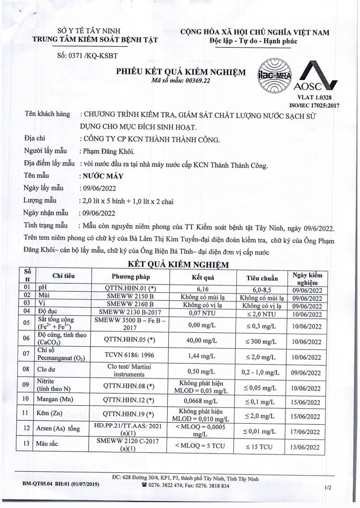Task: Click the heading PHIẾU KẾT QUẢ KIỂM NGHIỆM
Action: (x=181, y=72)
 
